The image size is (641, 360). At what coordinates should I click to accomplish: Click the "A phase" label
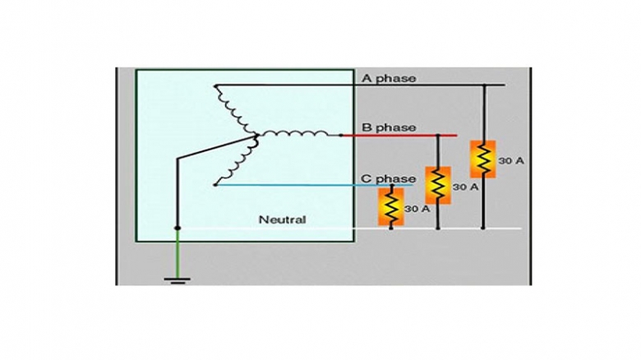(389, 78)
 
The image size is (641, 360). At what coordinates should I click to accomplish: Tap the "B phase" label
(389, 128)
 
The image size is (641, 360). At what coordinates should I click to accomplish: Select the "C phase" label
(389, 178)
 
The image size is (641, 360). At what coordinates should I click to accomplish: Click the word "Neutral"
(282, 219)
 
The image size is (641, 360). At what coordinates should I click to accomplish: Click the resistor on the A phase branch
(482, 159)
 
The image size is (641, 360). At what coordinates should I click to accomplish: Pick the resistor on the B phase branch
(438, 185)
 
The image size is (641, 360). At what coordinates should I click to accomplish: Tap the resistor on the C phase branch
(390, 206)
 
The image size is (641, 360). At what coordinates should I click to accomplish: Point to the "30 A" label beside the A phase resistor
(510, 161)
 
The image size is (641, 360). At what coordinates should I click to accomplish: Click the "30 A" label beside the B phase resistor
(465, 187)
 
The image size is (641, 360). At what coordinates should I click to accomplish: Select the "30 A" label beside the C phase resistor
(417, 209)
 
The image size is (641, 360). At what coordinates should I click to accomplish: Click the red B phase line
(394, 135)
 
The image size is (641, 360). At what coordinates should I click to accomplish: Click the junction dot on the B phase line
(438, 135)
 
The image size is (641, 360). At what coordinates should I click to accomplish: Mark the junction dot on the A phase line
(482, 85)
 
